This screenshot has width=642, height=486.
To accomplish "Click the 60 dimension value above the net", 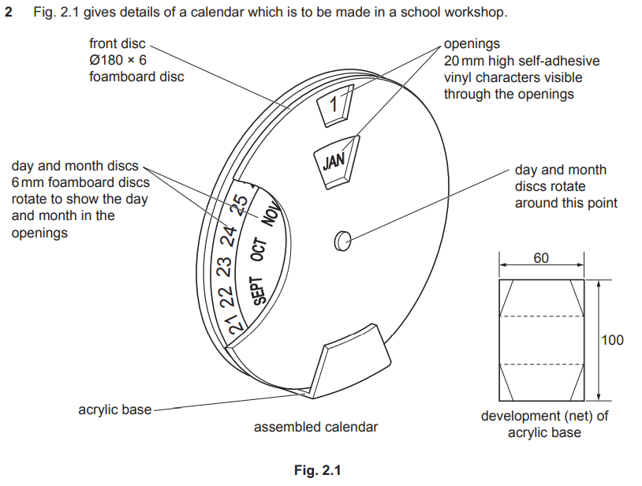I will [x=541, y=258].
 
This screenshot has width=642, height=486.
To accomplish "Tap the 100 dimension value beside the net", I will [x=612, y=340].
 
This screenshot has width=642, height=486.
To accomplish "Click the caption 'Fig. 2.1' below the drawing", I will [x=317, y=470].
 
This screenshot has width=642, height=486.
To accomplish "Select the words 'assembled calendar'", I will [x=315, y=427].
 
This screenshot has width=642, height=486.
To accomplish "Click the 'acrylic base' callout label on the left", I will [x=114, y=410].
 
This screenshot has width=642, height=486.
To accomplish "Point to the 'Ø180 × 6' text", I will [x=118, y=60].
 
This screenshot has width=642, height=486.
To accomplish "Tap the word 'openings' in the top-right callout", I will [x=472, y=44].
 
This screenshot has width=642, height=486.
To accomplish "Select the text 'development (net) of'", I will [x=544, y=416].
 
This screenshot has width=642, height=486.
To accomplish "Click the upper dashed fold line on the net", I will [x=541, y=317].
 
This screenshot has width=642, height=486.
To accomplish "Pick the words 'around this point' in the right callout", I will [x=566, y=203].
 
